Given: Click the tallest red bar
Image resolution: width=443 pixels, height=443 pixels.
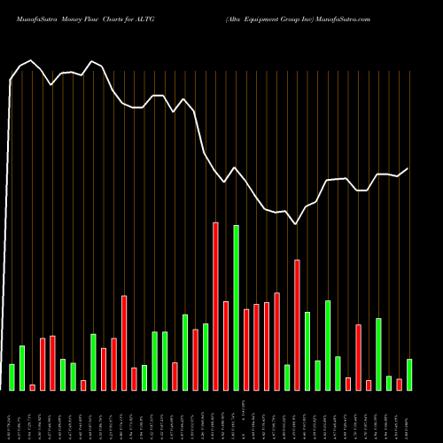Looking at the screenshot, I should tap(215, 306).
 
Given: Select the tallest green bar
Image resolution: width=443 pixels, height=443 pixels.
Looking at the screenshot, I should tap(237, 307).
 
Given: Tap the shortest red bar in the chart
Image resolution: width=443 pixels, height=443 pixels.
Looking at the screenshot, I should tap(33, 387).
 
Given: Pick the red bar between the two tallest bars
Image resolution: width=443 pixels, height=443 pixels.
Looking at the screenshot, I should tap(226, 346).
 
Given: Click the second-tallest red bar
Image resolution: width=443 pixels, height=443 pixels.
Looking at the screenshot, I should tap(298, 324).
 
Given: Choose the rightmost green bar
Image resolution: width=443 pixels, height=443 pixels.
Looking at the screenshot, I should tap(409, 374).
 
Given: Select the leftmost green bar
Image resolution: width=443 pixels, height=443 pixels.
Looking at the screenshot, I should tap(12, 377).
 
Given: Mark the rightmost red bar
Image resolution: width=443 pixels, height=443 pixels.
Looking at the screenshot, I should tap(400, 384).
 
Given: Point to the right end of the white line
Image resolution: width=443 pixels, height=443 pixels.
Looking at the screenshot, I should tap(408, 168).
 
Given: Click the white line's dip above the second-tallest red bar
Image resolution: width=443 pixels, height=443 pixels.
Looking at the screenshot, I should tap(297, 224).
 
